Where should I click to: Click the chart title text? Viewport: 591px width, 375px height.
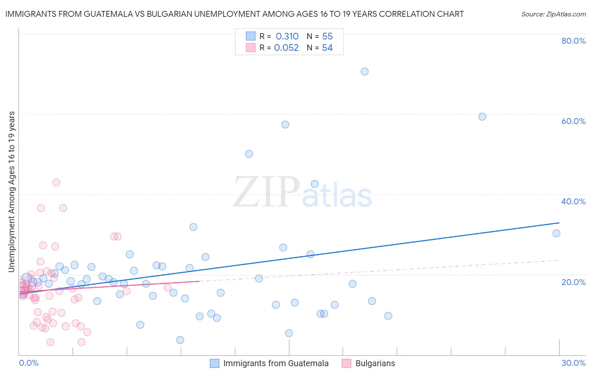(x=235, y=14)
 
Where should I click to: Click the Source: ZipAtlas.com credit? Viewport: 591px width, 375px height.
(x=553, y=14)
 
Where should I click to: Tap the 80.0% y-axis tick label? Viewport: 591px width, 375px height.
(x=573, y=41)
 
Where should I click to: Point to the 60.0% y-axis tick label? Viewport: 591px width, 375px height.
(x=573, y=121)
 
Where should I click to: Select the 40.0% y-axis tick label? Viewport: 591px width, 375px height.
(x=573, y=201)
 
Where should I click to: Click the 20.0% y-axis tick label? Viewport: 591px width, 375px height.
(x=573, y=282)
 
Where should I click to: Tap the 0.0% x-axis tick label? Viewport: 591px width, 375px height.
(x=29, y=363)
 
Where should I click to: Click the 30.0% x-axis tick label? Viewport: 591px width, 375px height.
(x=573, y=363)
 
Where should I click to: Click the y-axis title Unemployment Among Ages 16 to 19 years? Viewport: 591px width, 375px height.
(x=12, y=192)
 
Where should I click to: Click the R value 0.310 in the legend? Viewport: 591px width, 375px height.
(x=287, y=37)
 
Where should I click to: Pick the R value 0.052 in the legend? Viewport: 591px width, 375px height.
(x=286, y=48)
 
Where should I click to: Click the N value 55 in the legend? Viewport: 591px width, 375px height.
(x=327, y=37)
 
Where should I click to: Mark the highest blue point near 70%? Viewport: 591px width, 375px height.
(x=364, y=71)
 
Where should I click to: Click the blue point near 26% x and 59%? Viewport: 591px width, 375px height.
(x=482, y=116)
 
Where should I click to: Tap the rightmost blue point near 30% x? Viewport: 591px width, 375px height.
(x=556, y=233)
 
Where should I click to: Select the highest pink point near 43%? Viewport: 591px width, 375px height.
(x=56, y=182)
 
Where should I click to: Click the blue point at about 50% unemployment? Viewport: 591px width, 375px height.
(x=249, y=154)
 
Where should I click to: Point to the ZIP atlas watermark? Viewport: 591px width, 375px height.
(x=303, y=193)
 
